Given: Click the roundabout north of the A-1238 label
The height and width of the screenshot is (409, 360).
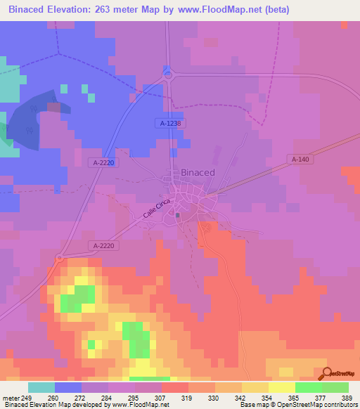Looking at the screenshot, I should coord(167,74).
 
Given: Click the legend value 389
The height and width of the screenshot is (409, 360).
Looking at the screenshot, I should coord(347,397).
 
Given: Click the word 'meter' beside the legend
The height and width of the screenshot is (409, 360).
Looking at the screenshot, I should coord(12,397).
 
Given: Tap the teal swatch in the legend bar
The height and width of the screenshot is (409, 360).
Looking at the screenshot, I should coord(41,387).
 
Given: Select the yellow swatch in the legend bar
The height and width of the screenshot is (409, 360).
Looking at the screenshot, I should coord(281,387).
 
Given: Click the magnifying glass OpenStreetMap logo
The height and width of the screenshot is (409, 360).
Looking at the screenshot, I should coord(327,373).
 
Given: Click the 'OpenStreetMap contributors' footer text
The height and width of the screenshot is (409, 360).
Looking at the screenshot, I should coord(316,405).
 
